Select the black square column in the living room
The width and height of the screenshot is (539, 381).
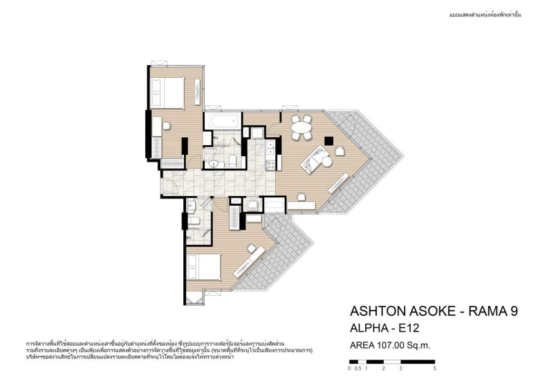[x=329, y=141]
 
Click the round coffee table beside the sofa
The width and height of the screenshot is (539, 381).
[x=326, y=162]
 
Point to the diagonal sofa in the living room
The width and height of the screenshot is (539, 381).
[x=313, y=158]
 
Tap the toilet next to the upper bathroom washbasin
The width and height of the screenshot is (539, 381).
[x=232, y=160]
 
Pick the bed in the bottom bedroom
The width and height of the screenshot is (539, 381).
[x=203, y=267]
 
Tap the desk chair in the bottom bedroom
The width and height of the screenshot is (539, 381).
[x=252, y=247]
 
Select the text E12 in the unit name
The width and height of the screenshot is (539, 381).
[x=408, y=328]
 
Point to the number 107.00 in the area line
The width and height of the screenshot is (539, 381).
[x=391, y=345]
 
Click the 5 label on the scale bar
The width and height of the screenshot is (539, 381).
[x=435, y=368]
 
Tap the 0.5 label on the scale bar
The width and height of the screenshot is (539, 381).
[x=358, y=368]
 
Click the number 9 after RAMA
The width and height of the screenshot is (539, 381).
[x=513, y=311]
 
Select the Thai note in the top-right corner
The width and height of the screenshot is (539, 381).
[x=485, y=15]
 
